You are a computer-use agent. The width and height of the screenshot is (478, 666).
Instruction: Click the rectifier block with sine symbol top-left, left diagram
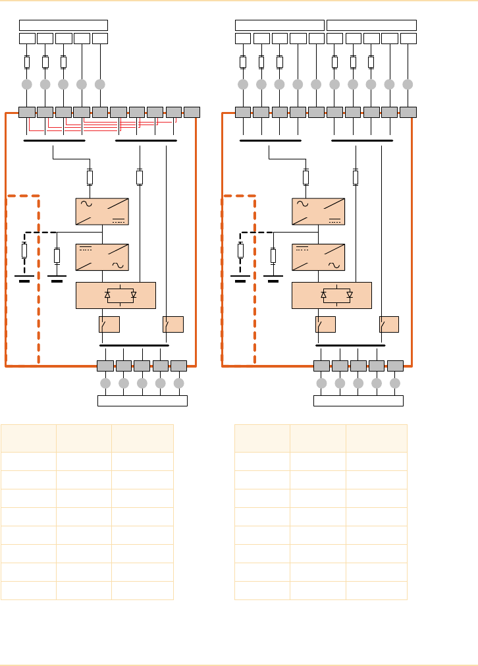102,211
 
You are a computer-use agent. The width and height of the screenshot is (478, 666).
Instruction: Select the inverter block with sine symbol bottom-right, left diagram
102,257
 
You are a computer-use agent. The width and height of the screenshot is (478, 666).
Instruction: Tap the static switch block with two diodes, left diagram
116,294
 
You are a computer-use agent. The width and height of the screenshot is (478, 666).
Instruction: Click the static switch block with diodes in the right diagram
332,294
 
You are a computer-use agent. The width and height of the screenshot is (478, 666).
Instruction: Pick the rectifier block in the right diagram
318,211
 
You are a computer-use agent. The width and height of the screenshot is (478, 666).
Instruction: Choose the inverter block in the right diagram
318,257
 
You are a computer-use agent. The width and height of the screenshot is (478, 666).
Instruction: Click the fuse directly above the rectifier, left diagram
90,177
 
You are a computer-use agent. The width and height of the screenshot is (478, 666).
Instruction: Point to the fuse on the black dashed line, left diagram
24,250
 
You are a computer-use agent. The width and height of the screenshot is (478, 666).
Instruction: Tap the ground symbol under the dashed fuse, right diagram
240,279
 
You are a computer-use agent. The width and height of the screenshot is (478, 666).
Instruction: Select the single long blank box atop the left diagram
63,25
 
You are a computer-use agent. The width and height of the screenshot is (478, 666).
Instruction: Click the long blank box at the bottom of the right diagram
358,401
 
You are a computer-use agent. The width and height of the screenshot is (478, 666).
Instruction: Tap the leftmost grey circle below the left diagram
105,383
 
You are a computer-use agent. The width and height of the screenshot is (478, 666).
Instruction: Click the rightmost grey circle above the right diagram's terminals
408,84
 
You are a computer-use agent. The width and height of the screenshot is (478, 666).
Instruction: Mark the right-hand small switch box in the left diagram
173,324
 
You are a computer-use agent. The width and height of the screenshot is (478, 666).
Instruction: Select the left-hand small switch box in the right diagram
325,324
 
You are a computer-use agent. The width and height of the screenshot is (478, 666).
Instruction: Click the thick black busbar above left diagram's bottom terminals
134,345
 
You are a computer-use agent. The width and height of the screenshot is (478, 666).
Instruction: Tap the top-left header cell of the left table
28,438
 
